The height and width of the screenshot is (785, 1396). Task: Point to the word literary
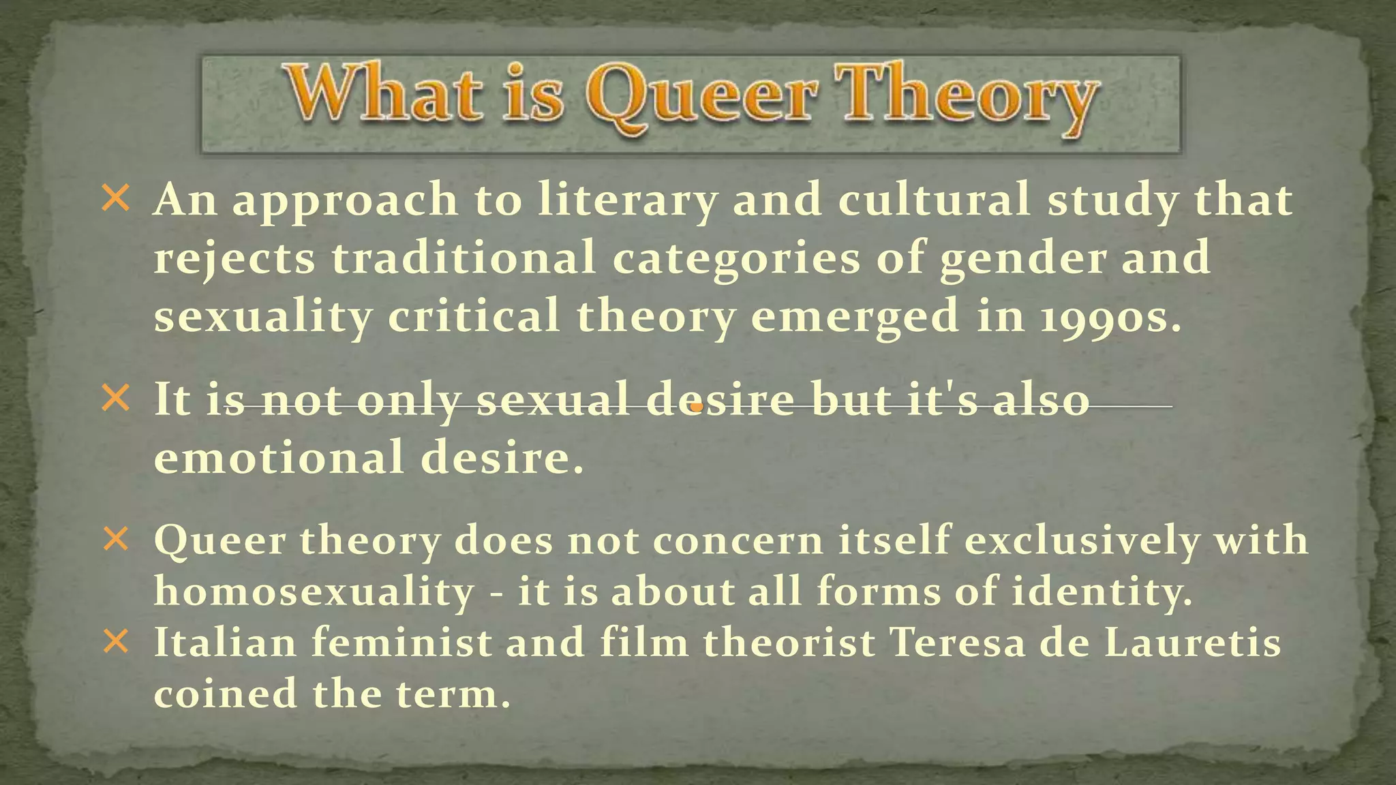pos(627,202)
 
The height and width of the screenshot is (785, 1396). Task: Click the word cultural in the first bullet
pos(934,200)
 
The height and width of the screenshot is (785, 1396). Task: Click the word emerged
pos(855,318)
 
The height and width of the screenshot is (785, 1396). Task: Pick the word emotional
pos(279,457)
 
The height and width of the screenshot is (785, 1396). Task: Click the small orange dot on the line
pos(696,407)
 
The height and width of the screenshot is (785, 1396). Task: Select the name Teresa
pos(957,642)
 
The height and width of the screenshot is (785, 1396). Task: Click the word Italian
pos(226,642)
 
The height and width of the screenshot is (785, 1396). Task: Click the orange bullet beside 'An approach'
pos(115,199)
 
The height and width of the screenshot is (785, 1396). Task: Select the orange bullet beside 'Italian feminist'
pos(115,642)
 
